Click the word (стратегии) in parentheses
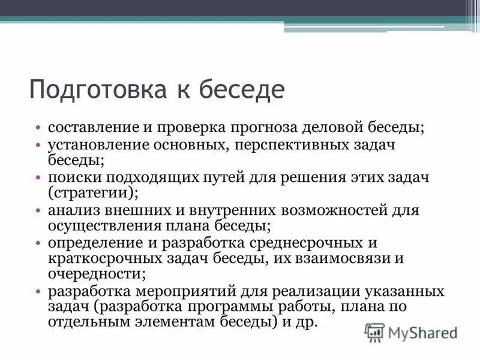point(93,193)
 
